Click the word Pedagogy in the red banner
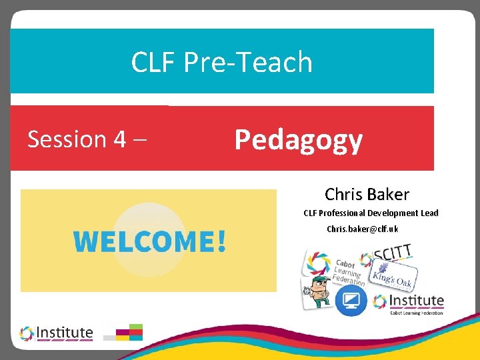(298, 140)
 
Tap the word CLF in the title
(155, 63)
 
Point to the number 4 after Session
(119, 140)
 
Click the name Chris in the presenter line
(344, 195)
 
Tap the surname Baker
(387, 195)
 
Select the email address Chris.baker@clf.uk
(362, 229)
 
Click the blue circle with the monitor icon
(351, 300)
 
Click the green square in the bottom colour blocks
(136, 327)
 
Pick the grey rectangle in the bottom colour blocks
(109, 337)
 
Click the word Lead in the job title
(429, 213)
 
